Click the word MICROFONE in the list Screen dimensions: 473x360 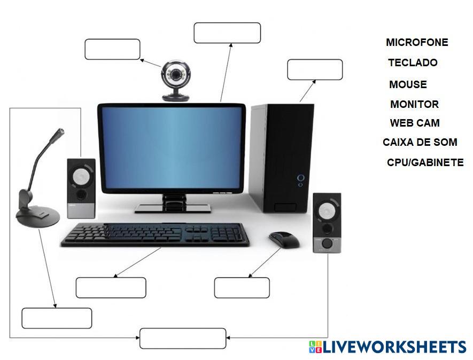point(417,42)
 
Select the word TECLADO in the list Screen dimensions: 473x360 point(413,62)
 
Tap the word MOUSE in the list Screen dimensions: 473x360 point(408,84)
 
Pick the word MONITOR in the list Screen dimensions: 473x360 point(414,104)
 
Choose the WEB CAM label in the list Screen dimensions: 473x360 point(415,123)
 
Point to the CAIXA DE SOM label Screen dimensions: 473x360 point(420,143)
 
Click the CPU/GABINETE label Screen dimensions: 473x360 point(425,162)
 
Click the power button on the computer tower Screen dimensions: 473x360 point(301,177)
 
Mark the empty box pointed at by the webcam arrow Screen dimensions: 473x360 point(112,49)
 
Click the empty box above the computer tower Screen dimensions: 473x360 point(315,69)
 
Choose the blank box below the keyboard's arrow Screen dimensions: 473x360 point(111,287)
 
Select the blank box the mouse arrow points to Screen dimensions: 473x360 point(242,287)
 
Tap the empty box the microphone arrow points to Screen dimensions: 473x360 point(57,318)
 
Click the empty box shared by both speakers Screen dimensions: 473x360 point(183,339)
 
